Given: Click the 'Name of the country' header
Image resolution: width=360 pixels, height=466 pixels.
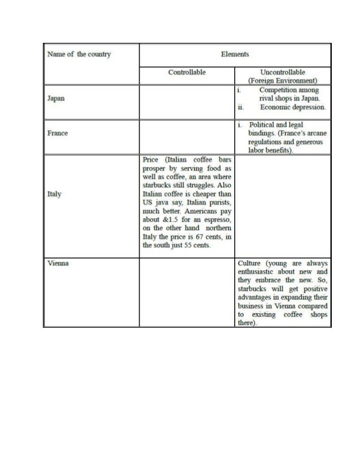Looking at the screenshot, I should (x=79, y=54).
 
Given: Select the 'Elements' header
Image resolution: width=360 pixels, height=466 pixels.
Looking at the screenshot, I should (x=235, y=54).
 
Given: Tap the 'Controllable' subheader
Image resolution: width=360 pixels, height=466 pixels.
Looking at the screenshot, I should (x=187, y=72).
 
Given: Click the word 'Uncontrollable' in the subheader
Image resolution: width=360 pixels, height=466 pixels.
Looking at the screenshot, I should (x=283, y=72).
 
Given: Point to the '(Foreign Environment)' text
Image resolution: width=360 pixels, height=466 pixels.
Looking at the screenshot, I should (x=282, y=81).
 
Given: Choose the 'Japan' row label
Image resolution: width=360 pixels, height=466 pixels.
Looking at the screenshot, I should (x=56, y=98).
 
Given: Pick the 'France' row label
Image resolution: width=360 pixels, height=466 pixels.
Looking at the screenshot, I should (x=58, y=133).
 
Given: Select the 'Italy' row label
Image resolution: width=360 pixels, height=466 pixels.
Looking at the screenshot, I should (x=54, y=194).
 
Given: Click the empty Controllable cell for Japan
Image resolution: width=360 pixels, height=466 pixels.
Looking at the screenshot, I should (x=187, y=102).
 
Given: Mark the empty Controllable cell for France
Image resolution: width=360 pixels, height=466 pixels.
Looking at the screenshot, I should (x=187, y=137).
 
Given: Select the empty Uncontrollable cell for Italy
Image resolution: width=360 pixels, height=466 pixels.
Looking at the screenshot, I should (x=282, y=206).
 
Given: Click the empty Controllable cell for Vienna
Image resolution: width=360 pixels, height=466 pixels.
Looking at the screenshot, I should (x=187, y=292).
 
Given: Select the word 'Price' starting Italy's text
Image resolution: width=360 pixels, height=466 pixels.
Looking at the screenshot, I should (x=151, y=160).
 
